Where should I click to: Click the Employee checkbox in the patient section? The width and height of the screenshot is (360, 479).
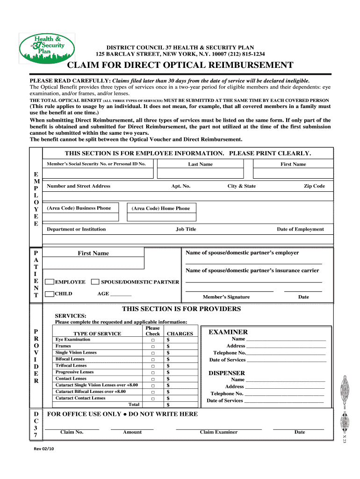pyautogui.click(x=49, y=282)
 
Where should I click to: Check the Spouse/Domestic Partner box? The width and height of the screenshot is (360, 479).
pyautogui.click(x=95, y=282)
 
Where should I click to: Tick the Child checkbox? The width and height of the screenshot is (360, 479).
pyautogui.click(x=49, y=294)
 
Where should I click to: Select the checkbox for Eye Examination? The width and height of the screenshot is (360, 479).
pyautogui.click(x=153, y=340)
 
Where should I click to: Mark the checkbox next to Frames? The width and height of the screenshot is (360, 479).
pyautogui.click(x=153, y=347)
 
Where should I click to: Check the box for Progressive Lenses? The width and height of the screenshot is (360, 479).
pyautogui.click(x=153, y=372)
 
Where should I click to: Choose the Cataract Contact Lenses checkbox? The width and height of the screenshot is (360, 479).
pyautogui.click(x=153, y=399)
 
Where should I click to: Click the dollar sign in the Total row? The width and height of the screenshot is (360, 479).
pyautogui.click(x=168, y=405)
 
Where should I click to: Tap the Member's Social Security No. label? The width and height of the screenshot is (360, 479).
pyautogui.click(x=96, y=164)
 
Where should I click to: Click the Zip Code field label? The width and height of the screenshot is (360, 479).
pyautogui.click(x=314, y=186)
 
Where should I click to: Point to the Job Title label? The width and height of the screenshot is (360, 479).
pyautogui.click(x=186, y=229)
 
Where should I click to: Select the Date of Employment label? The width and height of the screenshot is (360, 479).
pyautogui.click(x=300, y=229)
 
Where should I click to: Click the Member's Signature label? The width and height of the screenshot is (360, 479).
pyautogui.click(x=226, y=297)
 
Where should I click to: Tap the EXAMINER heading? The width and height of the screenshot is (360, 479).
pyautogui.click(x=228, y=332)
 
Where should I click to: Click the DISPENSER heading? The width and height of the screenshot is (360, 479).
pyautogui.click(x=226, y=373)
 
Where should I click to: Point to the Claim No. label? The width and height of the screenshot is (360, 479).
pyautogui.click(x=72, y=432)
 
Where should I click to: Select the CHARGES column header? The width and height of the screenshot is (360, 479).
pyautogui.click(x=180, y=334)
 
